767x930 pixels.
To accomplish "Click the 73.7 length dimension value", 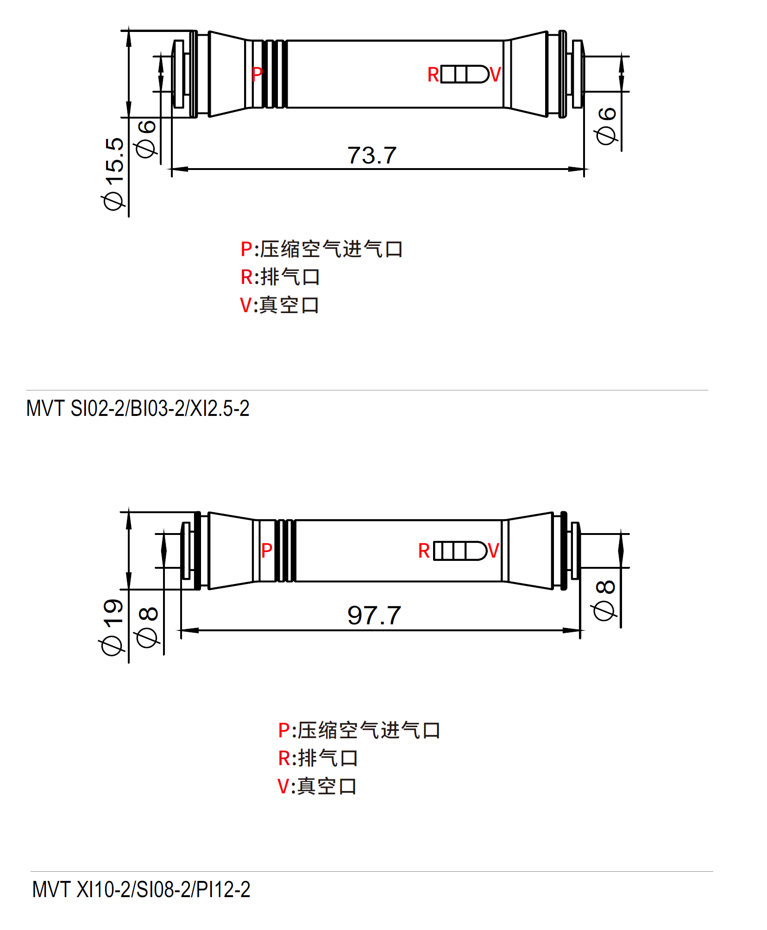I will click(372, 155).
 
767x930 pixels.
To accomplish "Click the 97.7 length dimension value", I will click(374, 616).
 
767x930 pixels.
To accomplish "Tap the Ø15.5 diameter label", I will click(114, 174).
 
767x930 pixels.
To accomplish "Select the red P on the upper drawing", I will click(257, 74).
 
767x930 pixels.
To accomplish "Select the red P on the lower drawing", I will click(266, 551).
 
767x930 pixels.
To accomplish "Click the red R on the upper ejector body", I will click(433, 75).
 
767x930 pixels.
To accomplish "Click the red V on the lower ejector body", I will click(493, 551).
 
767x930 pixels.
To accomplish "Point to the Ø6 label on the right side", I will click(606, 126).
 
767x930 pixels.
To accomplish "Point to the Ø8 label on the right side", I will click(605, 600).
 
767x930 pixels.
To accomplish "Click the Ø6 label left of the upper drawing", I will click(146, 138).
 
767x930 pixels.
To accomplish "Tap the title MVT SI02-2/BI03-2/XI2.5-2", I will click(138, 408).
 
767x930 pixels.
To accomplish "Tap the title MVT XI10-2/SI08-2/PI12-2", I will click(141, 890).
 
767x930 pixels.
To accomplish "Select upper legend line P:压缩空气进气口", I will click(321, 249).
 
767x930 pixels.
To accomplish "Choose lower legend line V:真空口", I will click(317, 786).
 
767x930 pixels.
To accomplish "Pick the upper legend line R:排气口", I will click(280, 277).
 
